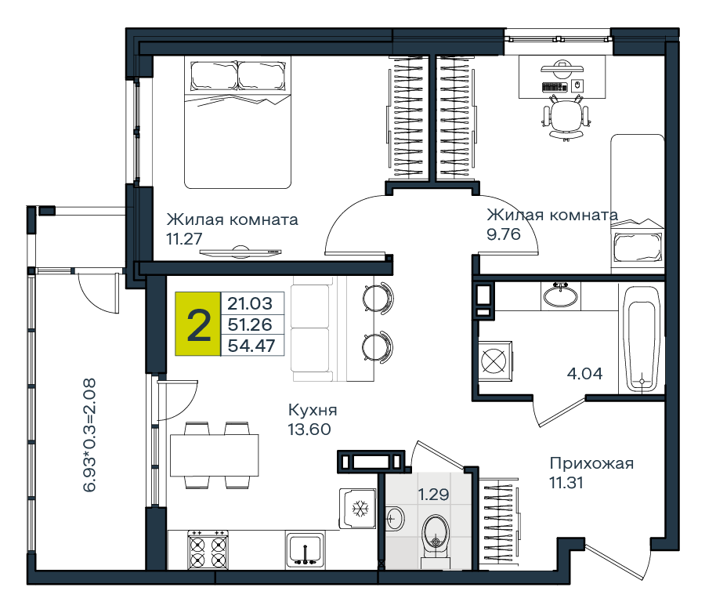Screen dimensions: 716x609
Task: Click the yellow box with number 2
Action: click(198, 324)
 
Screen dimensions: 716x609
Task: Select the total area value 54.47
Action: click(251, 346)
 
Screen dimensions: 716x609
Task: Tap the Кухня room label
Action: click(313, 410)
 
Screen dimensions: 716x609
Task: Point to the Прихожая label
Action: click(591, 463)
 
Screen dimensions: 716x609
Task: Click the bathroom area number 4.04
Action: click(585, 374)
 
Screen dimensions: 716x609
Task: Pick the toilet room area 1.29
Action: click(434, 494)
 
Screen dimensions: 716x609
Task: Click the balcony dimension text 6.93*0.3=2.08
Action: click(89, 435)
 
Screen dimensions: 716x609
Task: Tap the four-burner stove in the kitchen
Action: click(208, 550)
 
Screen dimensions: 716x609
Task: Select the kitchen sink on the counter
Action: click(306, 549)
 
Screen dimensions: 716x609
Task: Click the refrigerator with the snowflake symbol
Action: click(357, 509)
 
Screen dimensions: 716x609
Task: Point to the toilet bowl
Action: click(436, 537)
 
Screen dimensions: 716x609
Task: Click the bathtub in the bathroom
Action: click(642, 339)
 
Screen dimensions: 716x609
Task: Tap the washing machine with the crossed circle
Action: click(495, 361)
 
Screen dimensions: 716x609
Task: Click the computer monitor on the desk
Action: click(562, 67)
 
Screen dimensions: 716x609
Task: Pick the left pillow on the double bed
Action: click(214, 76)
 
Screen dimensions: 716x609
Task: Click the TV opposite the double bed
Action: click(240, 252)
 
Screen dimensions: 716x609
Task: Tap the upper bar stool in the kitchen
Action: click(378, 298)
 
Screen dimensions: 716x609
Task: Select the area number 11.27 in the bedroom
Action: click(184, 238)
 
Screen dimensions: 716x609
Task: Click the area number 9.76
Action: click(504, 234)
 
